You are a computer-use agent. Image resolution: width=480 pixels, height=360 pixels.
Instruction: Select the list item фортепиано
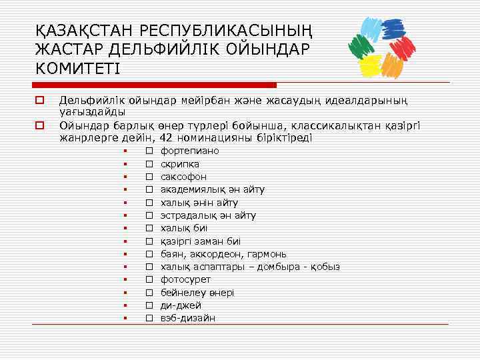click(189, 151)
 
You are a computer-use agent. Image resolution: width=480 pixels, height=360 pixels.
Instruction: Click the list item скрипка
click(179, 164)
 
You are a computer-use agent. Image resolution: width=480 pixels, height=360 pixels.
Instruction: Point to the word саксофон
click(183, 177)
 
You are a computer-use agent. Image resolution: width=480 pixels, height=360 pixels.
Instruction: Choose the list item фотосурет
click(185, 279)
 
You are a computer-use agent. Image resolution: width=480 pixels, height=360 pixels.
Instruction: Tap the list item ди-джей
click(180, 305)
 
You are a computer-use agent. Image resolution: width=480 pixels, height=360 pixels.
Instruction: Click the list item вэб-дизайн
click(187, 318)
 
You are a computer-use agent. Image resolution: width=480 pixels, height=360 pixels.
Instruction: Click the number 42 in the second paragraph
click(169, 138)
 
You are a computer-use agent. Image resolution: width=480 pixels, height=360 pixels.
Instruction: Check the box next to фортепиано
click(149, 151)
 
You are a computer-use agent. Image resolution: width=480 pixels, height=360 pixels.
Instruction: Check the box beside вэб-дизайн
click(149, 318)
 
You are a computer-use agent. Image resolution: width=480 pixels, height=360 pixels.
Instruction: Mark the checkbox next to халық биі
click(149, 228)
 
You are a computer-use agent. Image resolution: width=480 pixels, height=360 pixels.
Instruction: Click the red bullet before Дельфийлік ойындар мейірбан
click(40, 101)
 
